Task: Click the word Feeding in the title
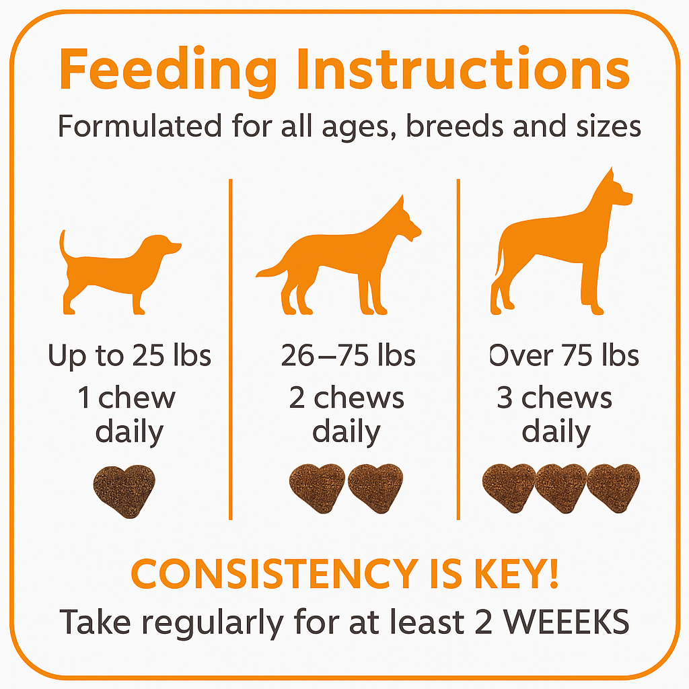click(167, 69)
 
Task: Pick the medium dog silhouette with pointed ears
click(343, 262)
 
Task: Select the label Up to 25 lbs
click(129, 355)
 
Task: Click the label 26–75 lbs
click(348, 355)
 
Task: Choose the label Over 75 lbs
click(564, 355)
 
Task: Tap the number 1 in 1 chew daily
click(84, 398)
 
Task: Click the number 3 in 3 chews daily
click(505, 398)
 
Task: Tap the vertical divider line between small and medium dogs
click(230, 350)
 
